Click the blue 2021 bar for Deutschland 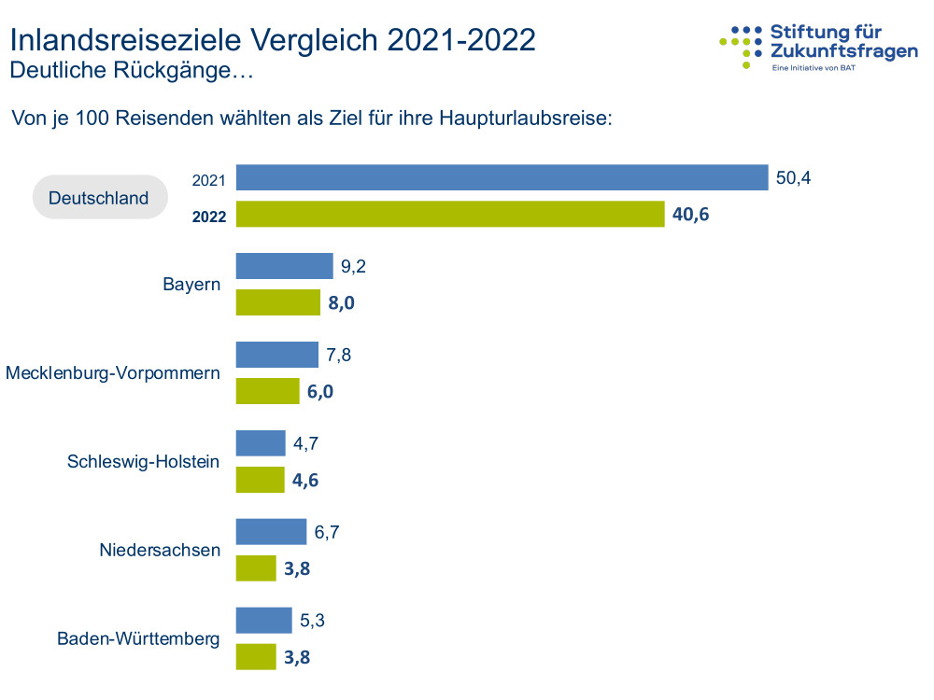(502, 177)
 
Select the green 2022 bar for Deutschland (450, 215)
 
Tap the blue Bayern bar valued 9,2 (285, 266)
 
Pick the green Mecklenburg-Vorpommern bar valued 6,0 (267, 391)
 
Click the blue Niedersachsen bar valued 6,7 (271, 532)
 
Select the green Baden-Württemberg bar (256, 657)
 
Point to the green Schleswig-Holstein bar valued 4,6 (260, 480)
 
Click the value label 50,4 (794, 177)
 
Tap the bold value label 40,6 (690, 215)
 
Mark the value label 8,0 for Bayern (342, 303)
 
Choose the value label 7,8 (339, 355)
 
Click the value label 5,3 (313, 621)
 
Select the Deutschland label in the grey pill (99, 198)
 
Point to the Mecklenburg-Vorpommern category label (113, 373)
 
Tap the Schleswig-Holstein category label (144, 461)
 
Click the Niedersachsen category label (160, 550)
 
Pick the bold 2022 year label (210, 217)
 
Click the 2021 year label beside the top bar (209, 180)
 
